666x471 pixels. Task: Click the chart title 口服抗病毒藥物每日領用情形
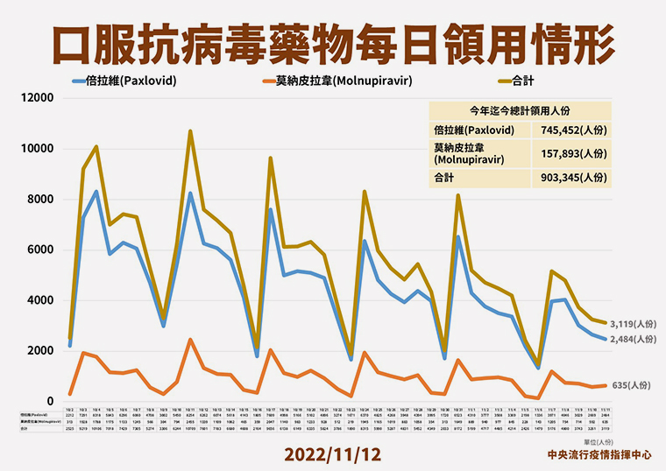click(332, 41)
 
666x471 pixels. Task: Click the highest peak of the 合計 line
click(190, 131)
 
